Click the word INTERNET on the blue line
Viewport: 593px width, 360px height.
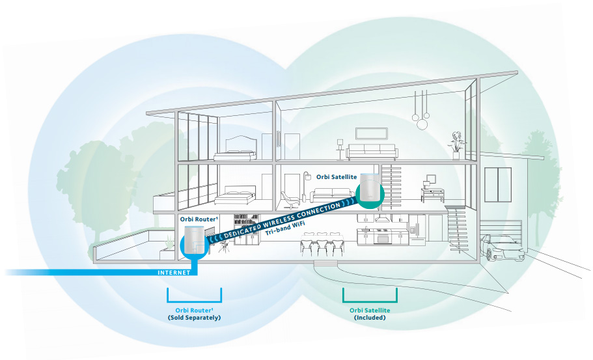pyautogui.click(x=174, y=273)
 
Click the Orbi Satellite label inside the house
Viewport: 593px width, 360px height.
pyautogui.click(x=337, y=176)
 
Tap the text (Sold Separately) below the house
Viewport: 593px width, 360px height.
pyautogui.click(x=195, y=318)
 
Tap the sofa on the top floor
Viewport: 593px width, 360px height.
pyautogui.click(x=371, y=153)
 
